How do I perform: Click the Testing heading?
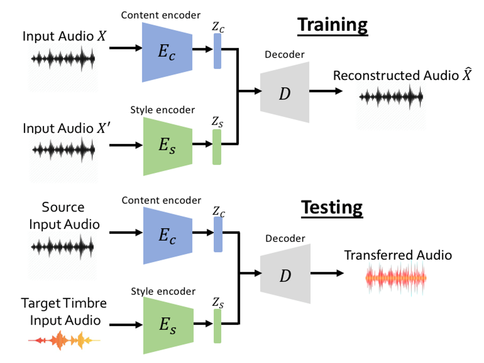[x=332, y=208]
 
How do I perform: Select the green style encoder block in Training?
[x=167, y=146]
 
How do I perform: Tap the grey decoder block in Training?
[x=285, y=92]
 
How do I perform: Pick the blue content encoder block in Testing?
[x=167, y=235]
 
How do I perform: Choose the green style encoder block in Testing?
[x=167, y=326]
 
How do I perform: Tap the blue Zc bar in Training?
[x=217, y=51]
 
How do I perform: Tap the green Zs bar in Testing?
[x=217, y=326]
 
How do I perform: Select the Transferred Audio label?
[x=398, y=255]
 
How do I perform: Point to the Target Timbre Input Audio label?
[x=64, y=311]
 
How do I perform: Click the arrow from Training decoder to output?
[x=326, y=91]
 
